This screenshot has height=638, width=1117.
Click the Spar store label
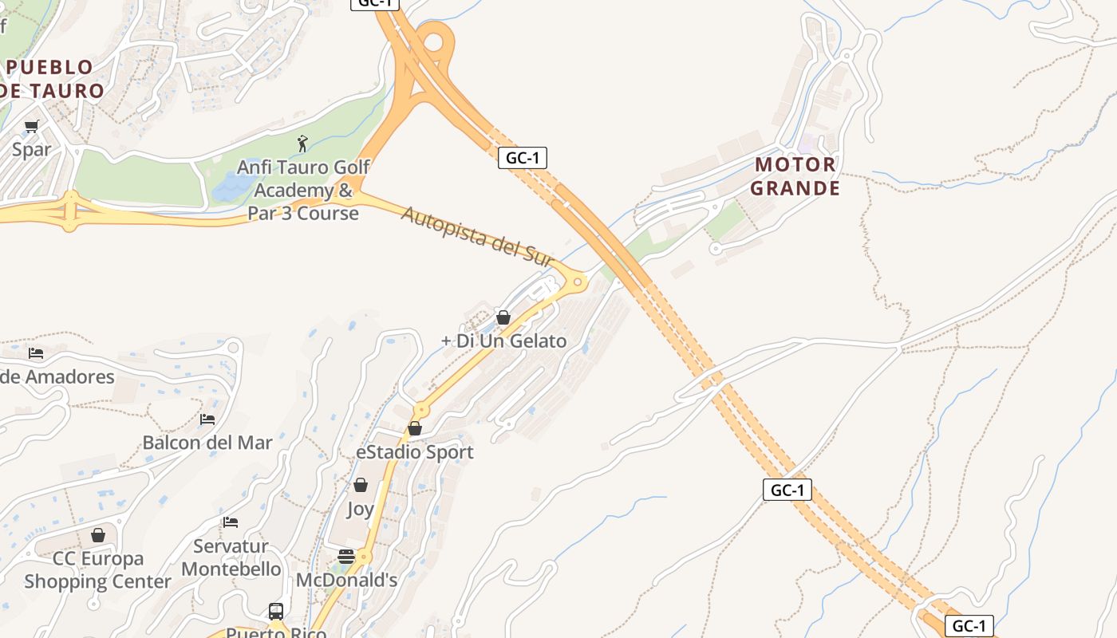pos(32,149)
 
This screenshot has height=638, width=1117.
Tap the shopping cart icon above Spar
pos(32,126)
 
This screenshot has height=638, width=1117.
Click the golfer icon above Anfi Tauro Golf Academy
pos(302,144)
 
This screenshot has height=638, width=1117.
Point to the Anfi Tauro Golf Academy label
pos(303,191)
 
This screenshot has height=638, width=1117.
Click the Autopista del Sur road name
pos(477,237)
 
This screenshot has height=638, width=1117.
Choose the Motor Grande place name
pos(795,176)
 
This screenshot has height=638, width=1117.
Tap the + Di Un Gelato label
pos(503,341)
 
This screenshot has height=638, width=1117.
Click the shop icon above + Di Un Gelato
pos(503,317)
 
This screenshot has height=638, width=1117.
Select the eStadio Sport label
pos(415,452)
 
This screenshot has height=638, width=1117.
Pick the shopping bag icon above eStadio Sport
pos(415,429)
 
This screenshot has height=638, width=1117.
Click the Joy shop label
pos(361,509)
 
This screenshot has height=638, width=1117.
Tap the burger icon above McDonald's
pos(346,557)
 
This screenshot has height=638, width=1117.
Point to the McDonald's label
pos(346,580)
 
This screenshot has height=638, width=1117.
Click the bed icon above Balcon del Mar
pos(207,419)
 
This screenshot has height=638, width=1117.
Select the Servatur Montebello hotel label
pos(231,557)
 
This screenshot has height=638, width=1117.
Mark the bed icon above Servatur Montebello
pos(231,522)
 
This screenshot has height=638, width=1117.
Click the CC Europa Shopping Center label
pos(98,569)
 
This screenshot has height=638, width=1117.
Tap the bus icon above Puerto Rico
pos(276,612)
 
